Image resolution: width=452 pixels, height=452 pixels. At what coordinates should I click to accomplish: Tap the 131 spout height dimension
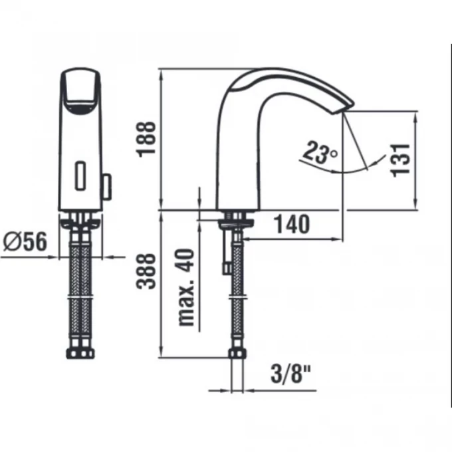coord(399,160)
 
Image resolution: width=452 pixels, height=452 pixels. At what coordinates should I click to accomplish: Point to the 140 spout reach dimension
coord(291,225)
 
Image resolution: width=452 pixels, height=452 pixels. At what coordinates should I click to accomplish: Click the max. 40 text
coord(188,287)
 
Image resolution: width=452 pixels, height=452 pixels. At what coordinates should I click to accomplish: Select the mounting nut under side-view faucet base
coord(236,221)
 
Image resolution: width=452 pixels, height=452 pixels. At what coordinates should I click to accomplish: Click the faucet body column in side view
coord(236,160)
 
